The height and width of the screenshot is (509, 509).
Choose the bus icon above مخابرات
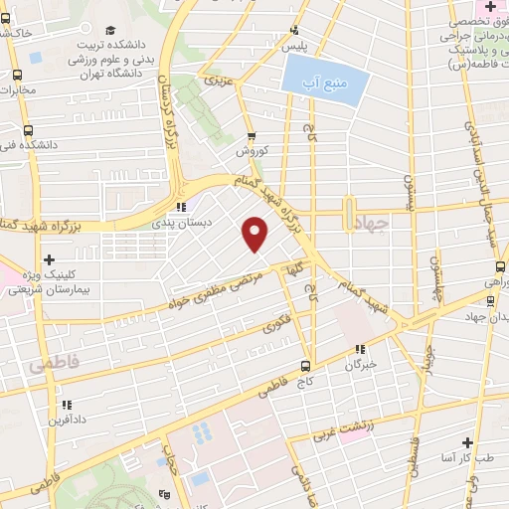[x=17, y=75]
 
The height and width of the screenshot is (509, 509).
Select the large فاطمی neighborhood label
[x=52, y=366]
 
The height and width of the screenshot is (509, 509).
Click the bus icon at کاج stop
[x=308, y=364]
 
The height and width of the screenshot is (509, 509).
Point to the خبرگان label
[x=362, y=365]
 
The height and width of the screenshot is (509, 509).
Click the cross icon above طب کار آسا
[x=467, y=441]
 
